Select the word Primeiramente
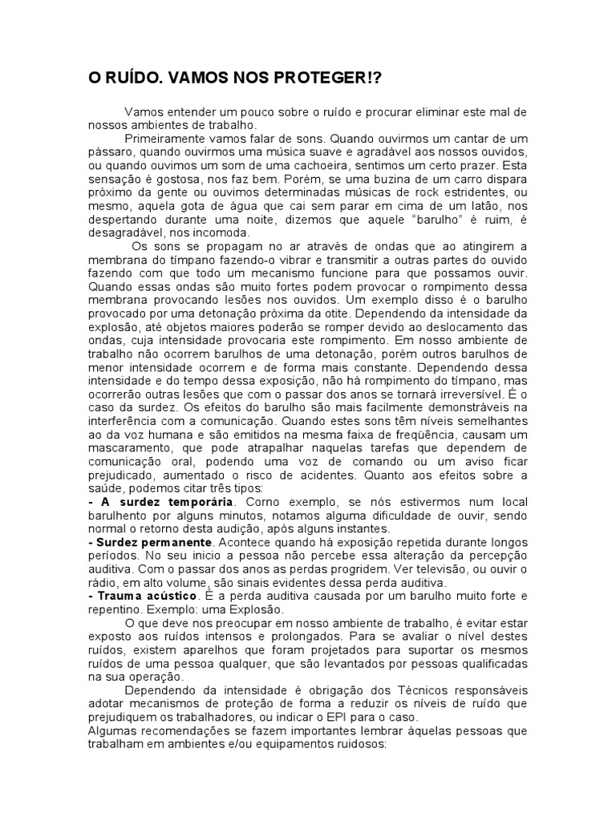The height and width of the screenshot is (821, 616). point(164,138)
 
